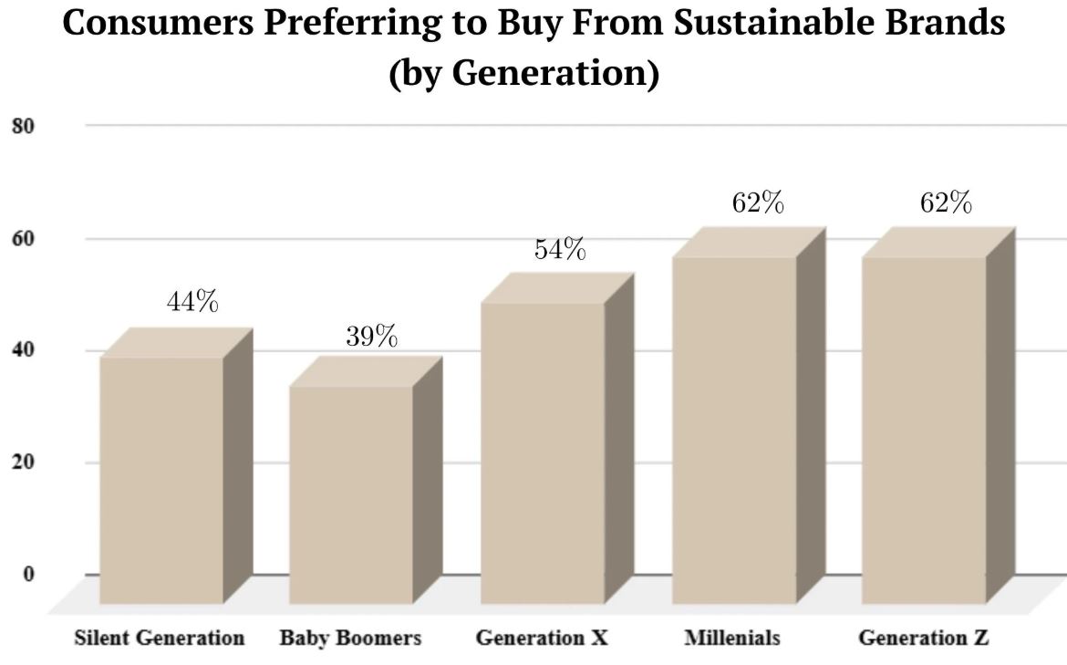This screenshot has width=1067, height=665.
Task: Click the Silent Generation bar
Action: (161, 479)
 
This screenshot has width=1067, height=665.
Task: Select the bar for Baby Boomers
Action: (351, 494)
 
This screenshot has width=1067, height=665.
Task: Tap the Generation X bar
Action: (542, 452)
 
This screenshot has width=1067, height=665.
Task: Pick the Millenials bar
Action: (734, 429)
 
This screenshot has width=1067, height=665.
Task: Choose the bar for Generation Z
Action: (924, 429)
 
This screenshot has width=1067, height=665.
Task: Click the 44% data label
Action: (192, 302)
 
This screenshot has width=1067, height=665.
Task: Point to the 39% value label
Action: (371, 337)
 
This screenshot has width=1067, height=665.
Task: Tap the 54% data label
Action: (560, 249)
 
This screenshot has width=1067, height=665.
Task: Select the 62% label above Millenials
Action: (758, 203)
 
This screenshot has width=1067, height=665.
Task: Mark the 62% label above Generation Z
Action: (946, 203)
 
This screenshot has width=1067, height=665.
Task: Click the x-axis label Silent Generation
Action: (159, 638)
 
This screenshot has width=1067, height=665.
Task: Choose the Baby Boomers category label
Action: (350, 638)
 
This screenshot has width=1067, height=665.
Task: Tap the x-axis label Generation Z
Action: (923, 638)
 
